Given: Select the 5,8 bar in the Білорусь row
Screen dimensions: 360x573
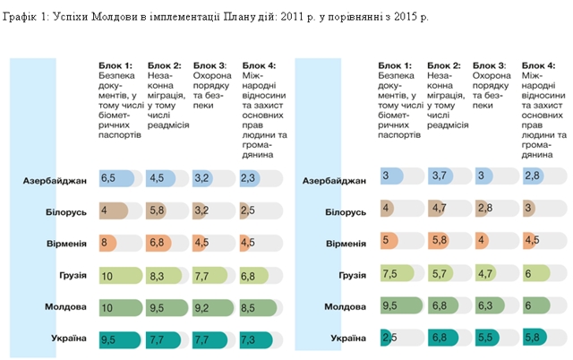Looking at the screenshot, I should pos(162,210).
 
